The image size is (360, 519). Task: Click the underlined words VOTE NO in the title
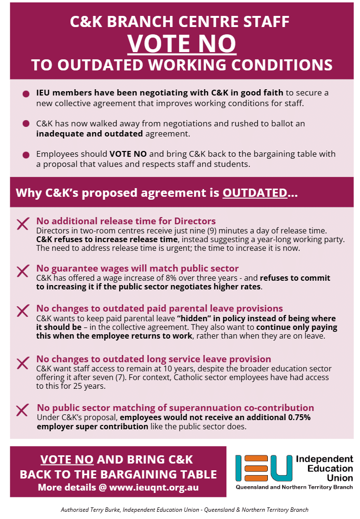point(182,43)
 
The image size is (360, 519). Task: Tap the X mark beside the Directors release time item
point(23,224)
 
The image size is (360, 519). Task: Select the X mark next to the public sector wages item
point(23,271)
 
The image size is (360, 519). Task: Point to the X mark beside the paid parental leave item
point(23,311)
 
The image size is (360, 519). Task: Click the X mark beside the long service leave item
point(23,363)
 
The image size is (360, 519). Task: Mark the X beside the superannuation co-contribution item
point(23,410)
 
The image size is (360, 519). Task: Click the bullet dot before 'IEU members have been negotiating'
point(26,94)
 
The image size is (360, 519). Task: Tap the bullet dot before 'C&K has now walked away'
point(26,124)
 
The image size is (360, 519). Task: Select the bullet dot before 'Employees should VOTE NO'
point(26,155)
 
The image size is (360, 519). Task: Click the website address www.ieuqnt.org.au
point(153,487)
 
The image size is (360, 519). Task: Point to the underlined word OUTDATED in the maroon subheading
point(254,193)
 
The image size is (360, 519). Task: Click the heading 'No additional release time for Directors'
point(126,221)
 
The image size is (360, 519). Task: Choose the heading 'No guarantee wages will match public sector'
point(138,268)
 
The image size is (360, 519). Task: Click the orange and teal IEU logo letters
point(263,468)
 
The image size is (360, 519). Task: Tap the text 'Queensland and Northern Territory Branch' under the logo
point(294,488)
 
